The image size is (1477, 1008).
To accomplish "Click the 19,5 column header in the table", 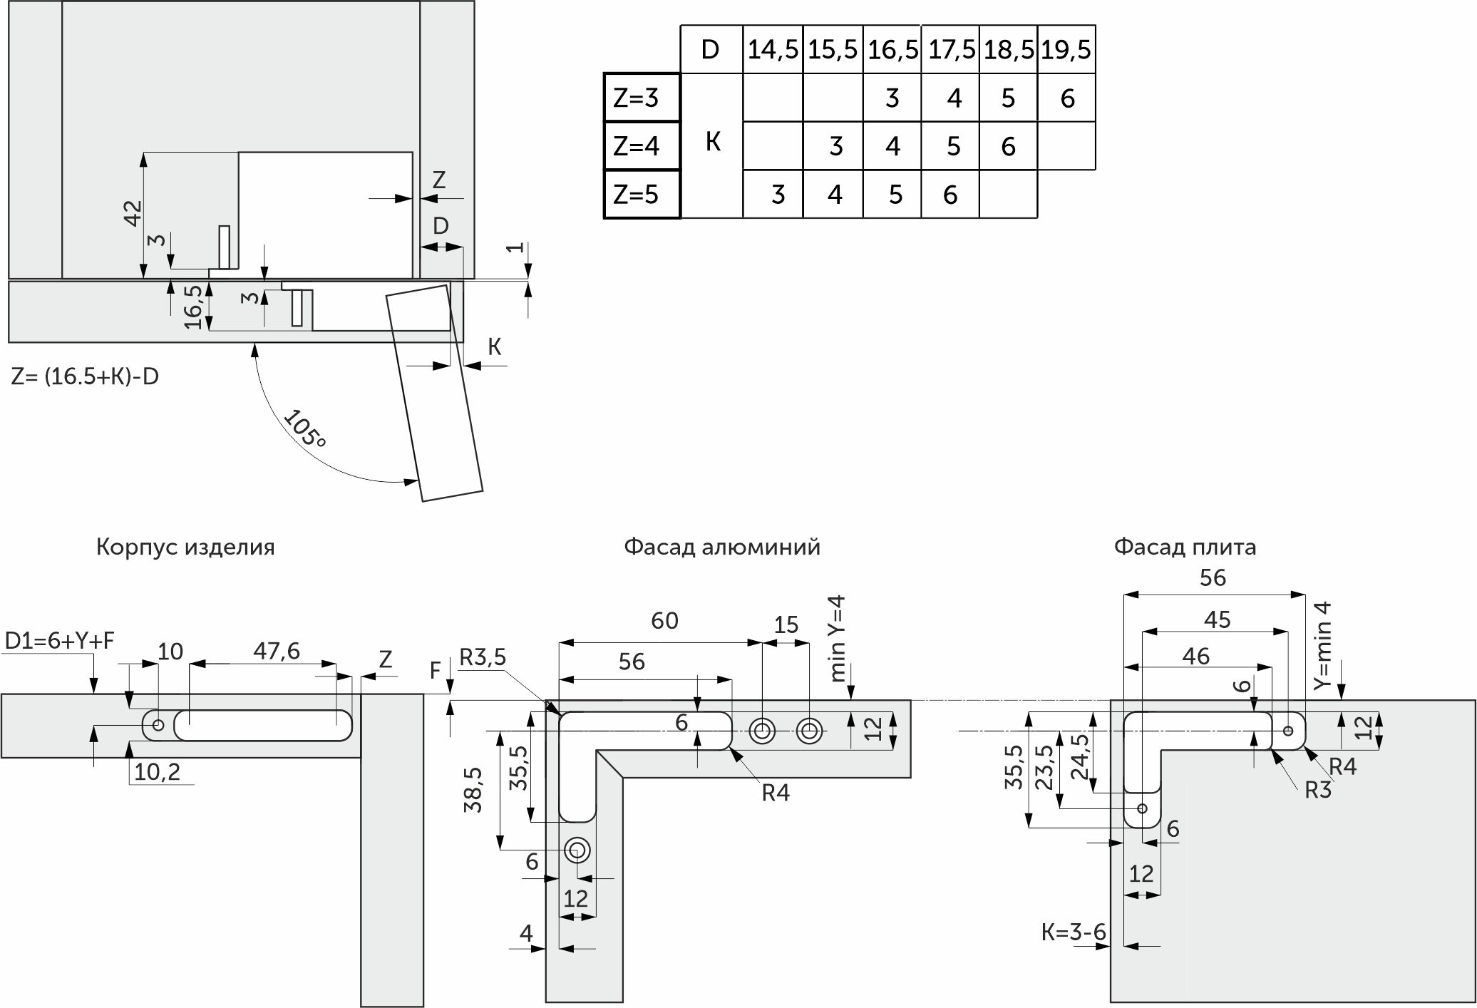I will coord(1066,50).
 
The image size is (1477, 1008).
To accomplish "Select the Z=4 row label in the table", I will coord(636,146).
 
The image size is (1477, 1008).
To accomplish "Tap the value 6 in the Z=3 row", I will coord(1067,98).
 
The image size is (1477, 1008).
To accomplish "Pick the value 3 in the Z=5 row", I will coord(778,195).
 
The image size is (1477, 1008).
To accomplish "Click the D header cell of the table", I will coord(710,50).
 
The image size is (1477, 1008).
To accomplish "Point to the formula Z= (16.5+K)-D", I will coord(85,376).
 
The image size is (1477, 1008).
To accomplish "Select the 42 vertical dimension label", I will coord(133,213).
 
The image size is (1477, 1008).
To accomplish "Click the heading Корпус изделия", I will coord(185,547).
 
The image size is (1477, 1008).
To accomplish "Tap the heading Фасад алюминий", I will coord(722,547).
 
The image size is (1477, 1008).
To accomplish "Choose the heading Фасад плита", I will coord(1185,547).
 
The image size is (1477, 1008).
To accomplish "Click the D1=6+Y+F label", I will coord(59,641).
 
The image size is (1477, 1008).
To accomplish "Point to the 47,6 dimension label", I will coord(277,651).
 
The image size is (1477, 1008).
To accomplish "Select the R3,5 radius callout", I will coord(482,657).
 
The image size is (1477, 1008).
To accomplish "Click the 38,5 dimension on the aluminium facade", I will coord(473,790).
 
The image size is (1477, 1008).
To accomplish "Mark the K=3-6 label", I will coord(1074,932).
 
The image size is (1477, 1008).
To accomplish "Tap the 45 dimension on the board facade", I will coord(1217,620).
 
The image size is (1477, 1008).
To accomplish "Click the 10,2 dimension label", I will coord(157,771).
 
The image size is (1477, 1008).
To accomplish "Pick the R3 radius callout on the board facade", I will coord(1317,790).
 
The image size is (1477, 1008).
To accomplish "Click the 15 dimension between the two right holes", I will coord(786,625).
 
